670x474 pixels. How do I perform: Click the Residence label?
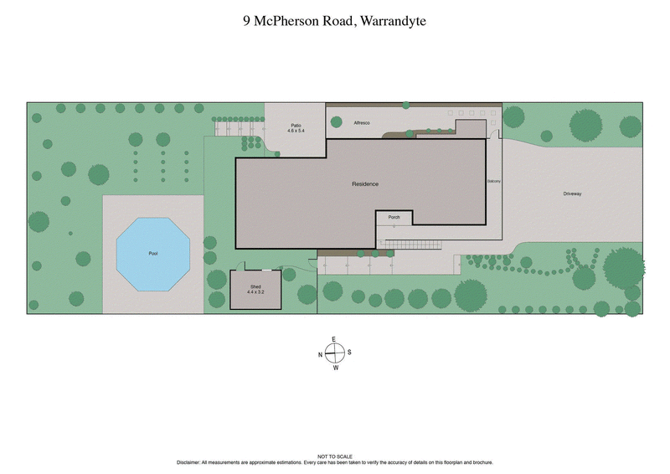click(x=364, y=184)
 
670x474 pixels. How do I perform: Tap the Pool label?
click(x=153, y=253)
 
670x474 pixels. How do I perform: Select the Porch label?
click(x=394, y=218)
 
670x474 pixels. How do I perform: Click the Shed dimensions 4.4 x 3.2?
click(x=255, y=292)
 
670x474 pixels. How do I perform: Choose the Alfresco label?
click(x=363, y=123)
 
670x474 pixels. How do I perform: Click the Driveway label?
click(x=572, y=194)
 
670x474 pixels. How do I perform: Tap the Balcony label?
click(x=493, y=181)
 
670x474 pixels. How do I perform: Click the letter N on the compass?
click(x=320, y=354)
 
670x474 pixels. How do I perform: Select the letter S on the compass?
click(x=349, y=353)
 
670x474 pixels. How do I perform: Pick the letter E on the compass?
click(x=335, y=339)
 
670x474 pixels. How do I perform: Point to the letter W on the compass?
click(x=336, y=368)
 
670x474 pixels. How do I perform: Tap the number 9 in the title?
click(x=246, y=21)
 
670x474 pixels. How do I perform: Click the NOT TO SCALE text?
click(x=335, y=456)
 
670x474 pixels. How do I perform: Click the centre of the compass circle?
click(x=335, y=353)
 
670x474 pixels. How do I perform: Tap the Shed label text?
click(x=255, y=286)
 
